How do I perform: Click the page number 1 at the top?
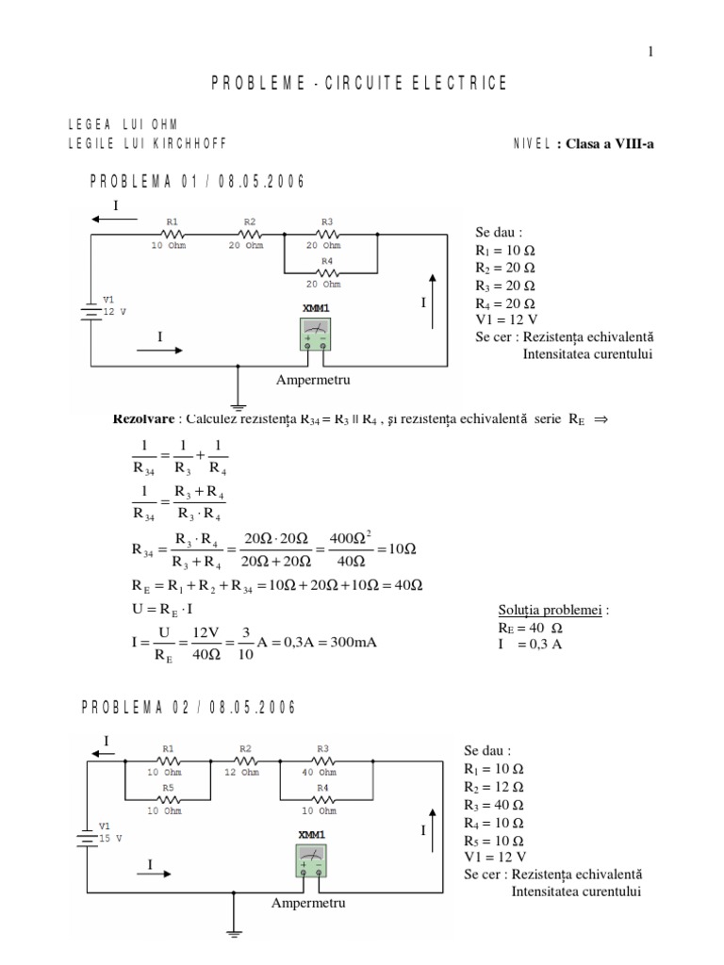point(650,53)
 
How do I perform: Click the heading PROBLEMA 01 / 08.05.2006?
point(197,182)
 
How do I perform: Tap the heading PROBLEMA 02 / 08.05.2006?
point(188,708)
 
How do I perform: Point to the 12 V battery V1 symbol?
point(90,310)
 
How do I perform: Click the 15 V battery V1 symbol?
point(88,837)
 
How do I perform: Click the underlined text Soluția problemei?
point(552,610)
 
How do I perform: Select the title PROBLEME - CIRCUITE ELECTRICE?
point(359,84)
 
